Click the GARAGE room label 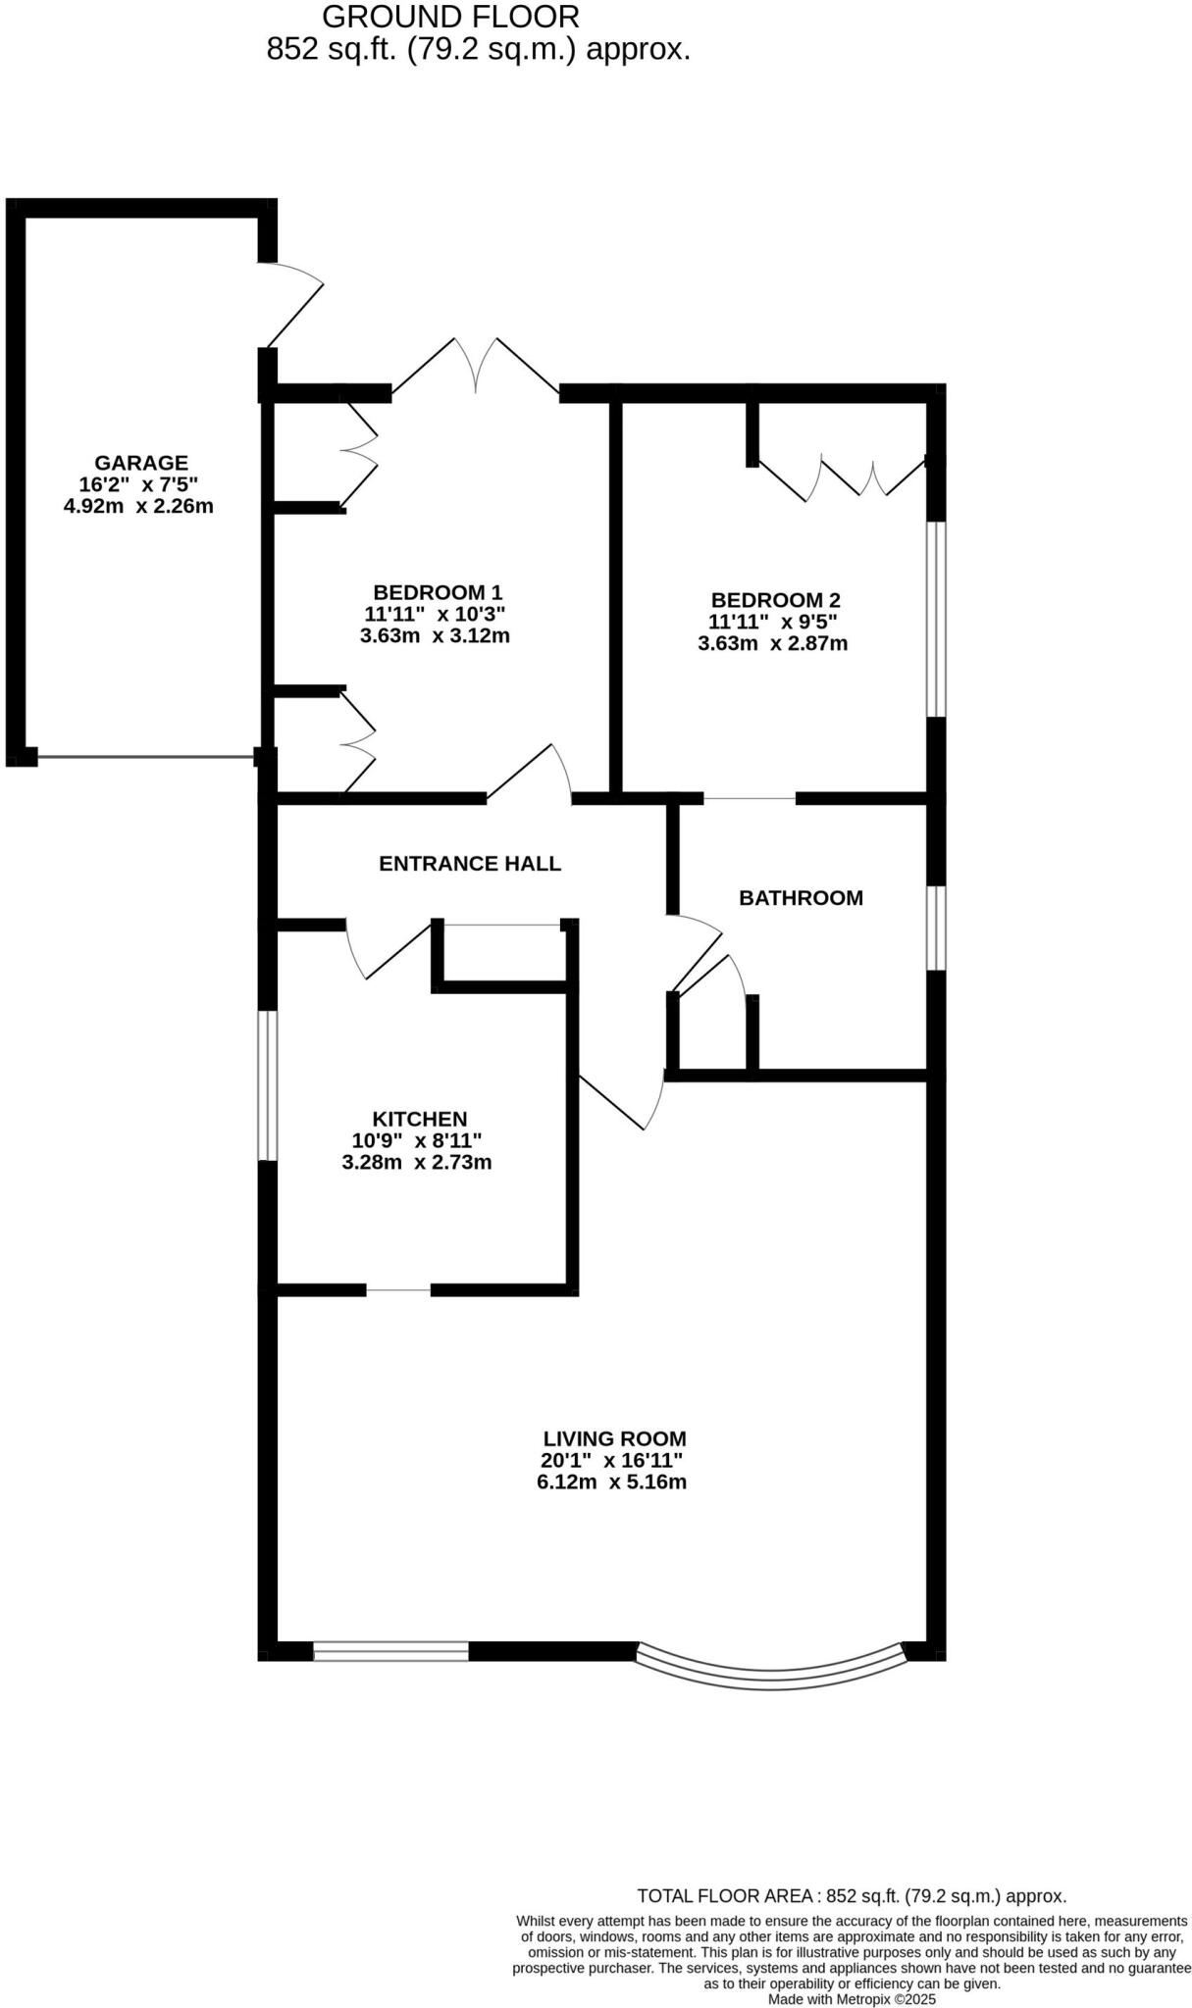point(140,462)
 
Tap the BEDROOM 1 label point(438,592)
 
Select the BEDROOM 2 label point(775,600)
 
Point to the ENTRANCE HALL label point(470,864)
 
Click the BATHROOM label point(801,898)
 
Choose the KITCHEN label point(419,1119)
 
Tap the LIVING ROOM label point(614,1439)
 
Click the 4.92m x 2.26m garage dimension point(137,507)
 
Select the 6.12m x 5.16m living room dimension point(611,1482)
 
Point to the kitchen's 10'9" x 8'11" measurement point(417,1141)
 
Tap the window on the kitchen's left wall point(268,1085)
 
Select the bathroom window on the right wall point(937,928)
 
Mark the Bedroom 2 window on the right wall point(937,619)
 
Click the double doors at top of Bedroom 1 point(476,368)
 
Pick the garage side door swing point(293,304)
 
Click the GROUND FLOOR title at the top point(450,17)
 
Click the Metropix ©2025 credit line point(852,1999)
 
